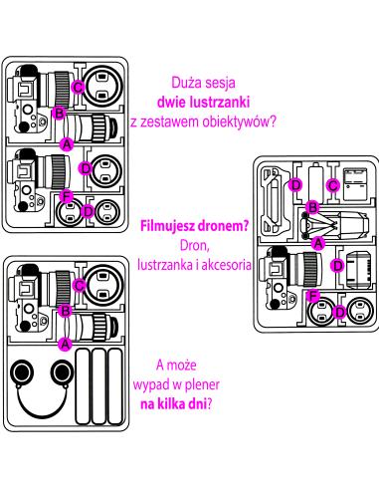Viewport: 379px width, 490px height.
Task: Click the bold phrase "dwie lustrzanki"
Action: [204, 102]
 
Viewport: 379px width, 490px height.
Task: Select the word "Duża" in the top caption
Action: [188, 84]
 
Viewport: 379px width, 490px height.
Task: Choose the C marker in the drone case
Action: [334, 185]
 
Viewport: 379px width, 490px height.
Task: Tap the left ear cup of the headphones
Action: [25, 374]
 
